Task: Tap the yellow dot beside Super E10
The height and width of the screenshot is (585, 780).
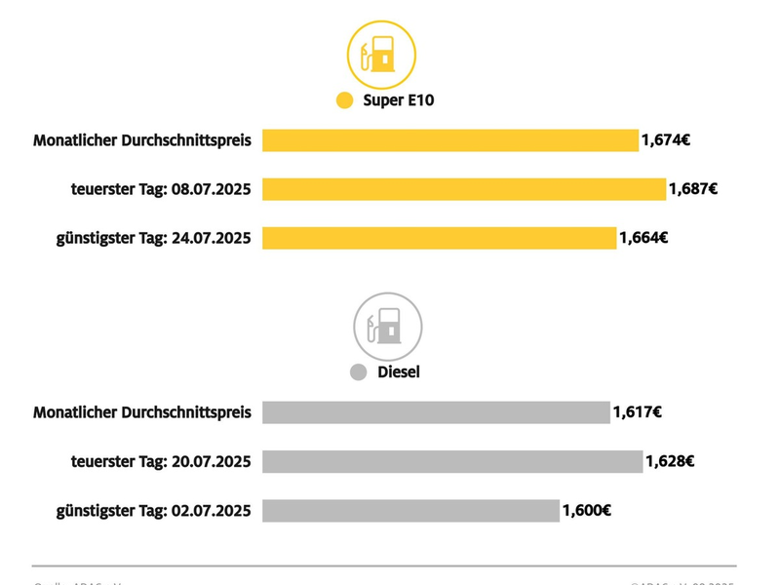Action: click(344, 100)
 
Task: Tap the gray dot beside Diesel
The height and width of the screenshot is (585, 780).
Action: click(358, 372)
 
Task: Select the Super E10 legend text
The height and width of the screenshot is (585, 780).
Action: click(398, 100)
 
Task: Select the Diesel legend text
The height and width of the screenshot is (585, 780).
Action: click(398, 372)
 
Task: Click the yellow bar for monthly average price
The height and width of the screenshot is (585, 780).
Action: click(449, 140)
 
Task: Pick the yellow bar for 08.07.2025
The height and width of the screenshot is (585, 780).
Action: click(463, 189)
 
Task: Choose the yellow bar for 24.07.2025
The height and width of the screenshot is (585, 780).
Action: click(439, 238)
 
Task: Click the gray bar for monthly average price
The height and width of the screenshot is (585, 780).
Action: click(436, 412)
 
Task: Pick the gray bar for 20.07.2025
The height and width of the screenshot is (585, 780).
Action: click(452, 461)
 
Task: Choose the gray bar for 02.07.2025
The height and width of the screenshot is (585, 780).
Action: click(410, 510)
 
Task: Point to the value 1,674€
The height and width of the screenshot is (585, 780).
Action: click(666, 140)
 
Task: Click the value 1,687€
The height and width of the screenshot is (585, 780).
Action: click(693, 189)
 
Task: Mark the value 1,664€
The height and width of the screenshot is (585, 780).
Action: click(643, 238)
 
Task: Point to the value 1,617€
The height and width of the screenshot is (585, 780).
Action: click(638, 412)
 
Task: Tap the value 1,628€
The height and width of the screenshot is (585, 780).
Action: click(670, 461)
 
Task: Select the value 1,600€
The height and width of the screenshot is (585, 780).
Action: click(586, 510)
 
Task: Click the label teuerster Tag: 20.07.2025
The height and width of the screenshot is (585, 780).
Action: click(161, 461)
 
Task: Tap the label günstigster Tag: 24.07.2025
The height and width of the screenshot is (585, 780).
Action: click(153, 238)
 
